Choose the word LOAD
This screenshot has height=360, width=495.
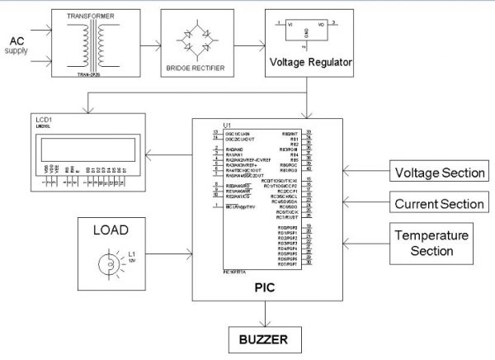(x=116, y=229)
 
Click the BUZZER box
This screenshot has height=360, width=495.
(x=263, y=339)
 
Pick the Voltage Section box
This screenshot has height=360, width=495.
(x=437, y=173)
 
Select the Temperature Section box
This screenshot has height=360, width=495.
(x=437, y=243)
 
